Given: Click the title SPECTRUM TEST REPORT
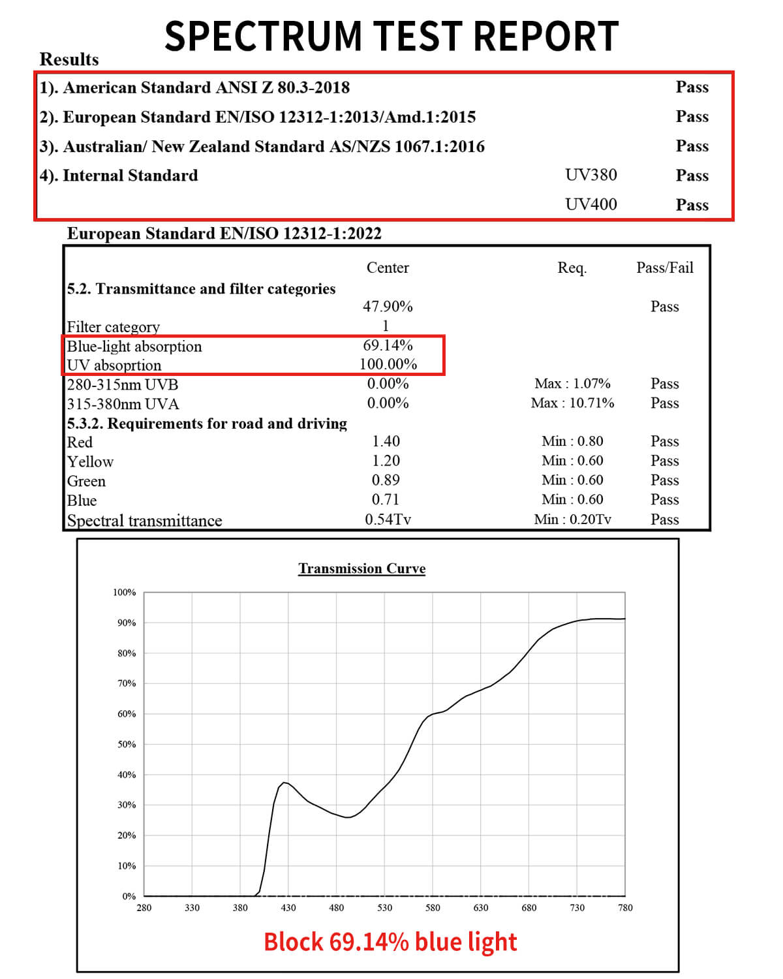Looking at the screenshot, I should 391,36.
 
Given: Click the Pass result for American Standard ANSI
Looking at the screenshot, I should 692,87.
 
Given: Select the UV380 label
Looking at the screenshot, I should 591,175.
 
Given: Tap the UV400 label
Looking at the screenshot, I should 591,204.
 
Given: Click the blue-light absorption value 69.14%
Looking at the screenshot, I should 388,345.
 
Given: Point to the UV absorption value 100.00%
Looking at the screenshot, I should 388,364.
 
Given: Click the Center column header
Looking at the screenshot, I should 388,268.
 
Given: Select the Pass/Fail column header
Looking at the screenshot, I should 664,268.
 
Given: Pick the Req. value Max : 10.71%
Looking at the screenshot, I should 572,403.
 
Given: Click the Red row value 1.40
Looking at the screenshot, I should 386,442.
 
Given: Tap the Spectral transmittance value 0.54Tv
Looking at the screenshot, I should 388,520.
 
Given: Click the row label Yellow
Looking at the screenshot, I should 90,462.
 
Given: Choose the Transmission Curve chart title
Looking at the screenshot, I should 361,568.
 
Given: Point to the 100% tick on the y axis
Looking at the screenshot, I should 124,593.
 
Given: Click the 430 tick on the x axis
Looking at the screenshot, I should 288,908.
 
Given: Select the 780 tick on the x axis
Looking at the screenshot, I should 625,908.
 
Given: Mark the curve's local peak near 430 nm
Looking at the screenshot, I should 284,782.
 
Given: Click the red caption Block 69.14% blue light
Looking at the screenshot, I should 390,942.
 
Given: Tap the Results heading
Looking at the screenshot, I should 69,59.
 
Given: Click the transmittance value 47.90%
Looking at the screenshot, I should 388,307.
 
